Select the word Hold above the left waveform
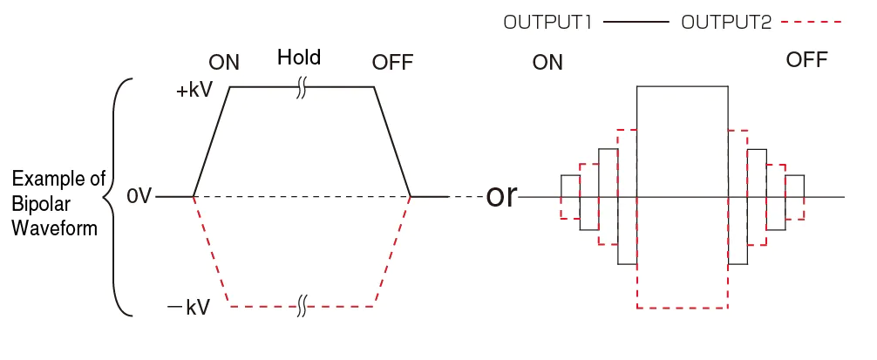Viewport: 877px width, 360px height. coord(299,58)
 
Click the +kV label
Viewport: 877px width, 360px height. coord(194,92)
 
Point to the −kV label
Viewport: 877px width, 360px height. coord(189,307)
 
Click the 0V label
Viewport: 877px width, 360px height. coord(139,197)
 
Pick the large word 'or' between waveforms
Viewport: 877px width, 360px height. coord(501,196)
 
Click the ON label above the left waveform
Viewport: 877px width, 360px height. coord(224,63)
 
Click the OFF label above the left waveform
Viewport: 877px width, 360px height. coord(392,63)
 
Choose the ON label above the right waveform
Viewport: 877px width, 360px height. coord(547,63)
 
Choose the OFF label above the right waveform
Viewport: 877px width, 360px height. coord(806,60)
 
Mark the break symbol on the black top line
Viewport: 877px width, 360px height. coord(302,87)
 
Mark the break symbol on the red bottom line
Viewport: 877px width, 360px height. coord(302,306)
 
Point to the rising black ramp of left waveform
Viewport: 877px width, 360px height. coord(211,142)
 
